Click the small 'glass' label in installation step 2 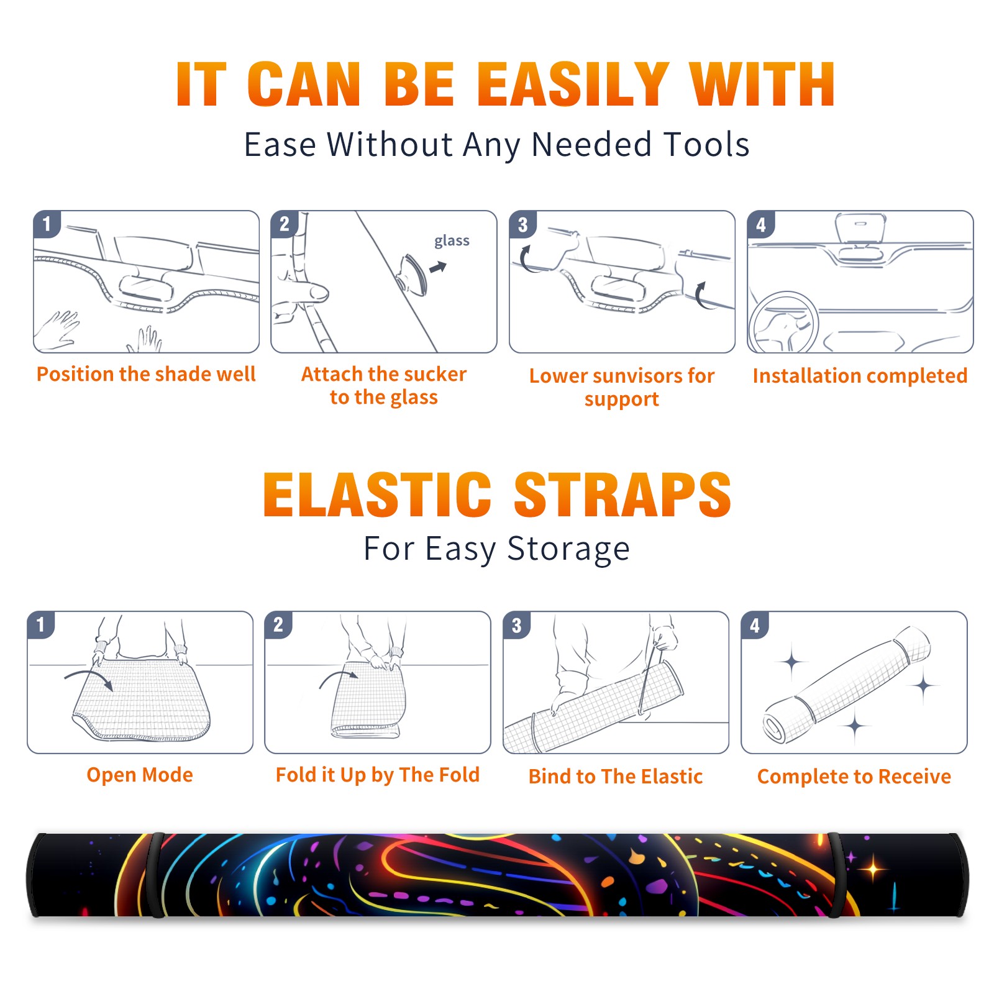pyautogui.click(x=452, y=241)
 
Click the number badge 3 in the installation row pyautogui.click(x=523, y=224)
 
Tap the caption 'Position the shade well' pyautogui.click(x=146, y=374)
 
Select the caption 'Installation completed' pyautogui.click(x=860, y=376)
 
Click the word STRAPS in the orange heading pyautogui.click(x=622, y=495)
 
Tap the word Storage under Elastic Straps pyautogui.click(x=568, y=550)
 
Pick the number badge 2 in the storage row pyautogui.click(x=278, y=625)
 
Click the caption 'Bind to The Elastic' pyautogui.click(x=615, y=777)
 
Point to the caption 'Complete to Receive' pyautogui.click(x=854, y=777)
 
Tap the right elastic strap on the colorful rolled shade pyautogui.click(x=836, y=875)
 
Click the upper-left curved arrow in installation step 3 pyautogui.click(x=526, y=260)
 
